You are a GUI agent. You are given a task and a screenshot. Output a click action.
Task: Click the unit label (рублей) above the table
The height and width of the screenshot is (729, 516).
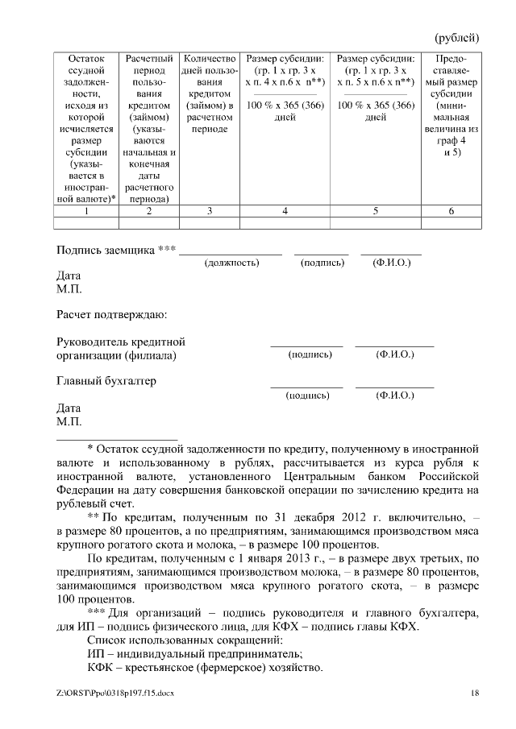pos(457,38)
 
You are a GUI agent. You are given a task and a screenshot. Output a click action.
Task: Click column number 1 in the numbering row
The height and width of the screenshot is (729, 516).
pos(86,211)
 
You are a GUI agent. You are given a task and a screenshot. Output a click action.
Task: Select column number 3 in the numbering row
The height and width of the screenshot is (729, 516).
pos(210,211)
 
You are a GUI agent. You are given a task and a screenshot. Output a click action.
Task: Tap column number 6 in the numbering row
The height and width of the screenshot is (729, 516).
pos(451,211)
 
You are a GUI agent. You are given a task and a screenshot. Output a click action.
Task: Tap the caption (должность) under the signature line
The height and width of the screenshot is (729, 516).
pos(231,263)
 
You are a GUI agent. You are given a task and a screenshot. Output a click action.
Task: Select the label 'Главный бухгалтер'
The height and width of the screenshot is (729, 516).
pos(106,381)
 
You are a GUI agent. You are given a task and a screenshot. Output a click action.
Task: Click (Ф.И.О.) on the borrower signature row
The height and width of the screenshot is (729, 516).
pos(392,263)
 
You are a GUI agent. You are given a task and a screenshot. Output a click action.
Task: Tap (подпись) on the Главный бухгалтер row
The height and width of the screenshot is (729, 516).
pos(307,396)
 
